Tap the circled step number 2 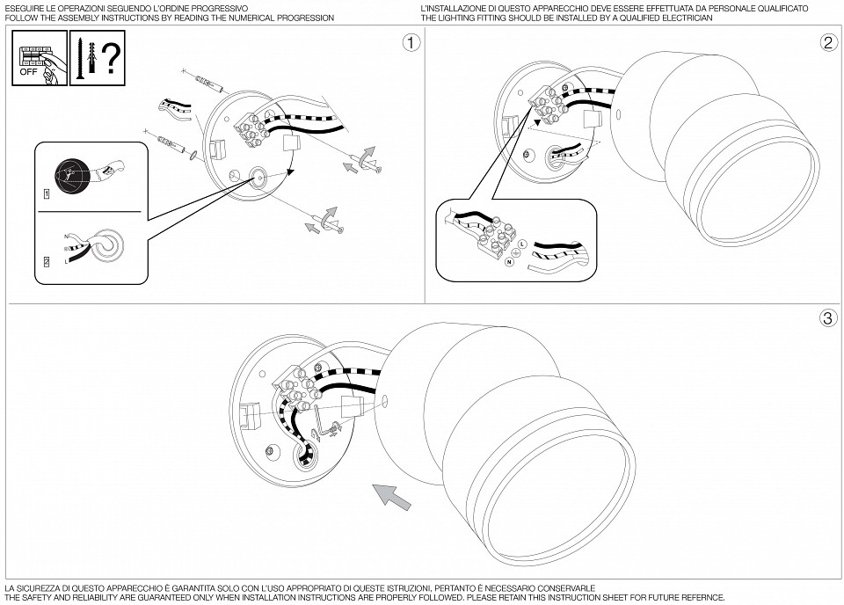[x=827, y=42]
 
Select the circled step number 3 [x=827, y=318]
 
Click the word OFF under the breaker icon [x=29, y=73]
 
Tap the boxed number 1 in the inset [x=45, y=192]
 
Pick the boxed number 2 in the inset [x=45, y=262]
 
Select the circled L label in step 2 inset [x=522, y=243]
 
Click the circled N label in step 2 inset [x=508, y=262]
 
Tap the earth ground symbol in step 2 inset [x=516, y=252]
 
